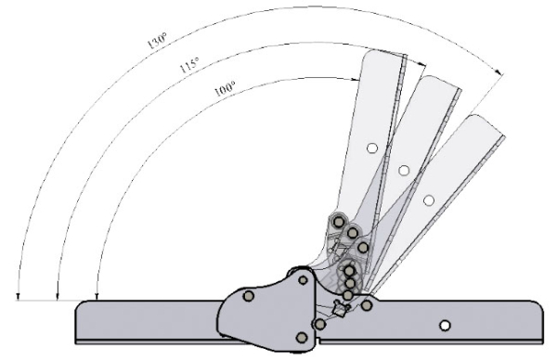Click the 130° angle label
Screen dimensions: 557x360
click(157, 41)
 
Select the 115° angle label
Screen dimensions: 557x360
click(189, 65)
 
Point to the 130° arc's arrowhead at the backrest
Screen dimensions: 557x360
click(499, 72)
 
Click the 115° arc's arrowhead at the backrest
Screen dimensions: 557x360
click(422, 64)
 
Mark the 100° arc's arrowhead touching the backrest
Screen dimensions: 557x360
click(356, 80)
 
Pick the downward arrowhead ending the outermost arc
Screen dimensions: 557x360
click(19, 297)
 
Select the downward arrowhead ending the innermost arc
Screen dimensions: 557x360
click(97, 297)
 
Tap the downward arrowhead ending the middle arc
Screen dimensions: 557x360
click(58, 297)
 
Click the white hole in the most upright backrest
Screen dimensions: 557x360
click(372, 148)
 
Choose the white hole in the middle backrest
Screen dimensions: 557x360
click(404, 171)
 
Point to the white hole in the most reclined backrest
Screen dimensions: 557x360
click(429, 200)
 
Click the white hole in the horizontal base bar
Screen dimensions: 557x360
click(445, 326)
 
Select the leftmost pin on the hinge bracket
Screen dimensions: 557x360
click(249, 296)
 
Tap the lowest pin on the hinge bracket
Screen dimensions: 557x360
click(302, 338)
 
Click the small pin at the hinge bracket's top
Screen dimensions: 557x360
click(303, 280)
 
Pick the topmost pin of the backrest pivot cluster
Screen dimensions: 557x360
click(339, 223)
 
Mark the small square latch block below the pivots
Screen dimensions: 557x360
click(339, 308)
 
